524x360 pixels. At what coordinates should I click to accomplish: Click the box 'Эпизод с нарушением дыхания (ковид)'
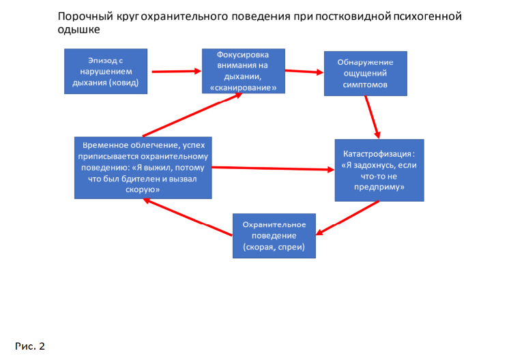106,70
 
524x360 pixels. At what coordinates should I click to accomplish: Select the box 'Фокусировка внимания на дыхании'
244,70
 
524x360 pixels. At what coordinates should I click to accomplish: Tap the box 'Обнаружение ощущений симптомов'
365,74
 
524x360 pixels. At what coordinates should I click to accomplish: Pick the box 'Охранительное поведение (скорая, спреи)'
274,236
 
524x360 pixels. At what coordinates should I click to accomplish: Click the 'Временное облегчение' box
143,167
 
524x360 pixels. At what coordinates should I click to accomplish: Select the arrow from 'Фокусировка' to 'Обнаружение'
304,72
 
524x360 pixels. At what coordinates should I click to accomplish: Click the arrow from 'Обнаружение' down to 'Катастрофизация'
373,117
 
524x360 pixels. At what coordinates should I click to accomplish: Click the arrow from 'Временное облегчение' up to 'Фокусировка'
192,115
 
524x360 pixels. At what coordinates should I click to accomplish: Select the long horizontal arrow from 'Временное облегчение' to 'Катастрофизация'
273,168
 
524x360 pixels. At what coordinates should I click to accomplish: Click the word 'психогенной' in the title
428,16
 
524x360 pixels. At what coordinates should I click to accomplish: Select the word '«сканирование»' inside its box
244,89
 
